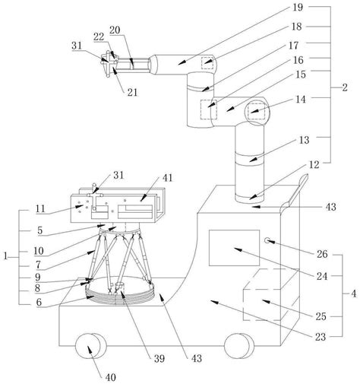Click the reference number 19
coord(298,7)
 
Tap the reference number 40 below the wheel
coord(110,377)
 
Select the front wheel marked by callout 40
coord(90,346)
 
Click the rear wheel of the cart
coord(238,346)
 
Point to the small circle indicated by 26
coord(267,240)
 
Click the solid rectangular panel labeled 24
coord(234,248)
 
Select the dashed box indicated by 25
coord(271,295)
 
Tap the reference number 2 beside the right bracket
coord(345,87)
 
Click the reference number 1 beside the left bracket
coord(5,256)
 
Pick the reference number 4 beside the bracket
coord(353,294)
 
